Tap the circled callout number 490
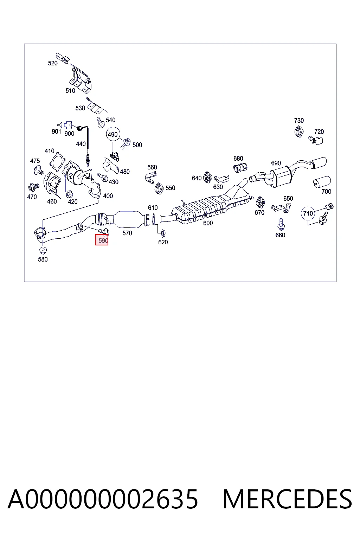113,135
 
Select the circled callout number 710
308,213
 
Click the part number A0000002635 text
103,500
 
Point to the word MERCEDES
287,500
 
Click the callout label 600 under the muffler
208,223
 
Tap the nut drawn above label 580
43,250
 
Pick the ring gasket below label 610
153,220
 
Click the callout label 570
127,233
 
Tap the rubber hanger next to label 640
207,178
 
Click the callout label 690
276,163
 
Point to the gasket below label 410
57,162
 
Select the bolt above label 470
33,187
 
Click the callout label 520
53,63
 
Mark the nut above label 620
163,233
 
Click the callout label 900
69,134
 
